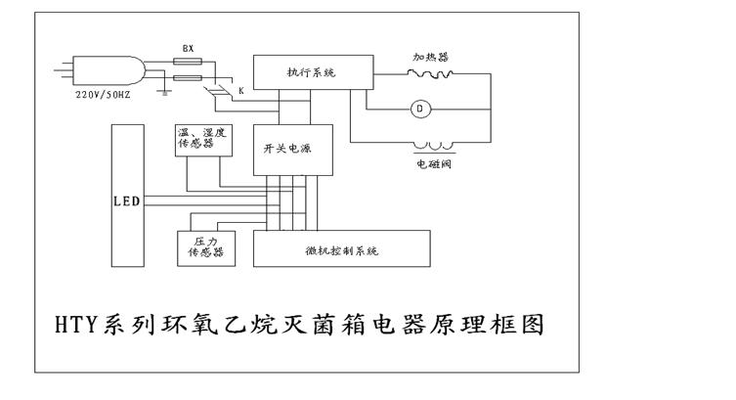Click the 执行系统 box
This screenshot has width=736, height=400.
coord(311,70)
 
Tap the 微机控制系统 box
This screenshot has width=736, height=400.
coord(342,249)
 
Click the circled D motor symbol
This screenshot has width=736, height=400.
coord(421,109)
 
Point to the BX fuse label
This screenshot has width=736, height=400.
coord(189,48)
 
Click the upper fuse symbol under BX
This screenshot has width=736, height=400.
coord(189,62)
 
